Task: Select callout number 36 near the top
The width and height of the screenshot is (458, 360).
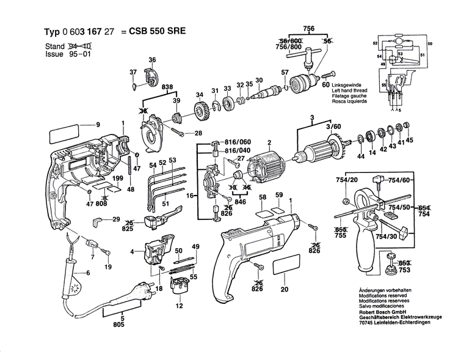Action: (152, 59)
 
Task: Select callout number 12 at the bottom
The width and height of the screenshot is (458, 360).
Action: (180, 306)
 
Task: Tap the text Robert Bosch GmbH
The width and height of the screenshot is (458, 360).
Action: (379, 309)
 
